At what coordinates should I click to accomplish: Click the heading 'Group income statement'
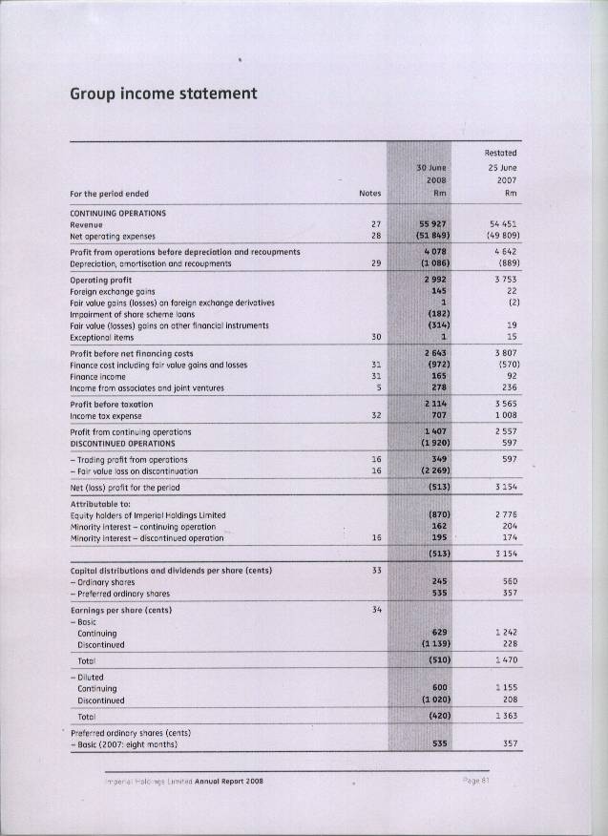point(163,94)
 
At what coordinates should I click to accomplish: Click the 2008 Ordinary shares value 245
point(440,580)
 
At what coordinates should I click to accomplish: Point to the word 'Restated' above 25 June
point(500,153)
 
